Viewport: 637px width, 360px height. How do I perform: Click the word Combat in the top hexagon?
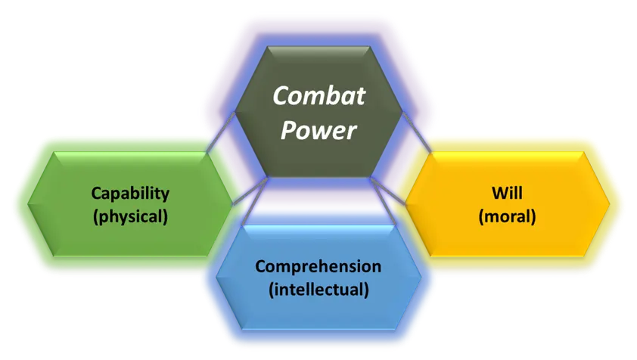[x=319, y=95]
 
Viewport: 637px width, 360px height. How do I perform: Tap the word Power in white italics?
[x=318, y=130]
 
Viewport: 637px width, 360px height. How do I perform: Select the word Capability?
[x=130, y=194]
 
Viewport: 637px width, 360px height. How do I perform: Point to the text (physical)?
[x=130, y=216]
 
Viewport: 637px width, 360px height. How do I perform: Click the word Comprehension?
[x=318, y=267]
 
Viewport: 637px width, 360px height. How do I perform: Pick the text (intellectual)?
[x=319, y=290]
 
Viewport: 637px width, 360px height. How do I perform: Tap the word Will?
[x=507, y=193]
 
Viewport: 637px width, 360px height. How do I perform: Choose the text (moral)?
[x=507, y=216]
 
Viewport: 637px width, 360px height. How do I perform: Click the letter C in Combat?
[x=281, y=96]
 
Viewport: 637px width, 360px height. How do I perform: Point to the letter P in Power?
[x=288, y=130]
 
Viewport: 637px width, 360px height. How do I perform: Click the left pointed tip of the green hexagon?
[x=28, y=204]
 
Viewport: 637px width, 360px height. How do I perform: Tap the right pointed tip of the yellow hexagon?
[x=610, y=204]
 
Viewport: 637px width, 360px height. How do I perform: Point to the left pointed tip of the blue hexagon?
[x=216, y=278]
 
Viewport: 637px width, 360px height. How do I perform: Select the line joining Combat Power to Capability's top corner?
[x=221, y=132]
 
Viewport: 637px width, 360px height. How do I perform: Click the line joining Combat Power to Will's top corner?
[x=416, y=132]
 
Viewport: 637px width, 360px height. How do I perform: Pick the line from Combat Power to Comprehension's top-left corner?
[x=254, y=201]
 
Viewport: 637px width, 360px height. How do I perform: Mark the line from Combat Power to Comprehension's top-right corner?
[x=382, y=201]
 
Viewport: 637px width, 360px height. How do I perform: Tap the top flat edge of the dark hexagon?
[x=318, y=47]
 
